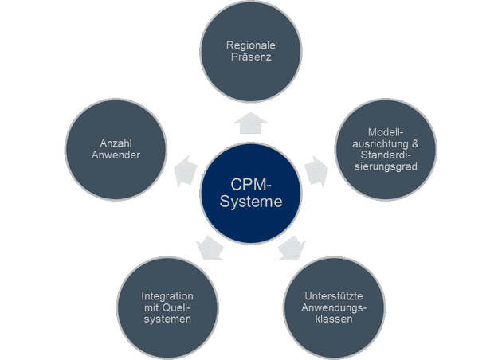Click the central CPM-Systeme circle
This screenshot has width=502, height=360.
click(x=251, y=194)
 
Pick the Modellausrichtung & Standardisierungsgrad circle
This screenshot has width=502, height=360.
click(x=386, y=148)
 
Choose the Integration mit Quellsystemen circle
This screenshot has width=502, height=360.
click(x=167, y=307)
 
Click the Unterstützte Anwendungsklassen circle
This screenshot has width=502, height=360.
click(x=335, y=307)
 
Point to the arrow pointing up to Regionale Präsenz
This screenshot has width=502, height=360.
click(x=251, y=122)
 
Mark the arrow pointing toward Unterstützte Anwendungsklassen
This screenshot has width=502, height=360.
click(x=292, y=248)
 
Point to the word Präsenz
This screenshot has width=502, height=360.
click(x=251, y=58)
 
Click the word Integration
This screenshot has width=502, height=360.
click(x=167, y=295)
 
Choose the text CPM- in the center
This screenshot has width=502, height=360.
click(x=251, y=185)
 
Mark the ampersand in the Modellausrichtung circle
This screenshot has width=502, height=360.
click(x=414, y=142)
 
